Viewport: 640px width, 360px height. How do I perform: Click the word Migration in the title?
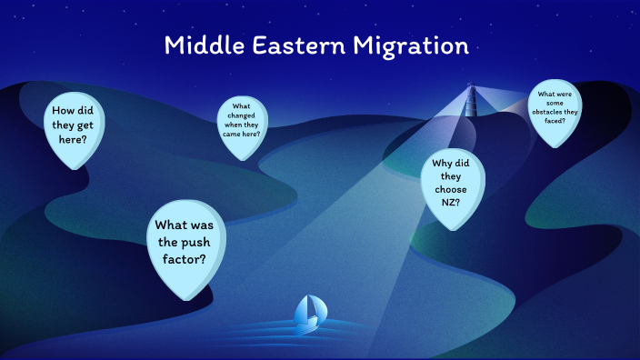coord(415,45)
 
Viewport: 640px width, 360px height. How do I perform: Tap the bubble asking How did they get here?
coord(76,127)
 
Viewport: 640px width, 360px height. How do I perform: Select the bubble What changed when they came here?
coord(241,122)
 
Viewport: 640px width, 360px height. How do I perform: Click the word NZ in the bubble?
coord(448,202)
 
